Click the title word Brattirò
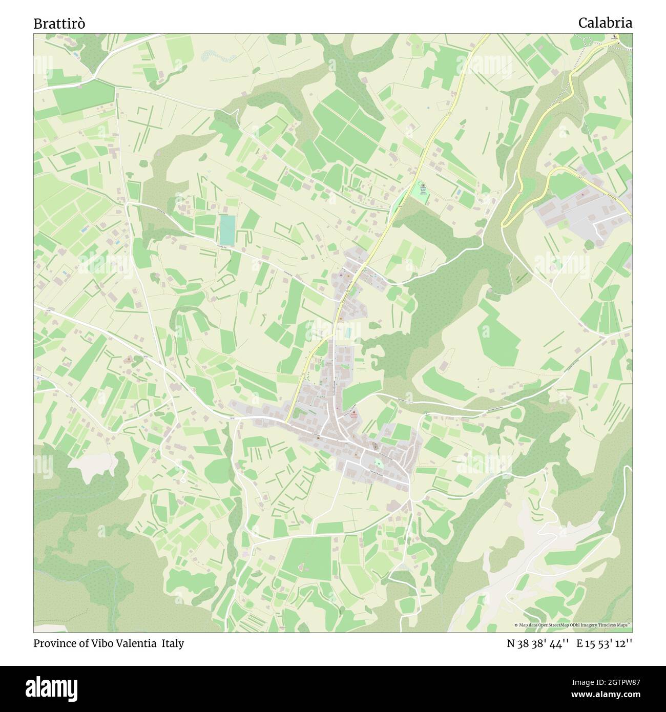tap(59, 24)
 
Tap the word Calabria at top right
tap(605, 23)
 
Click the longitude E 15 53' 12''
tap(604, 643)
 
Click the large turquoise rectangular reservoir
tap(227, 229)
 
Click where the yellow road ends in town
tap(288, 421)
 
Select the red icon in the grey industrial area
tap(583, 195)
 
